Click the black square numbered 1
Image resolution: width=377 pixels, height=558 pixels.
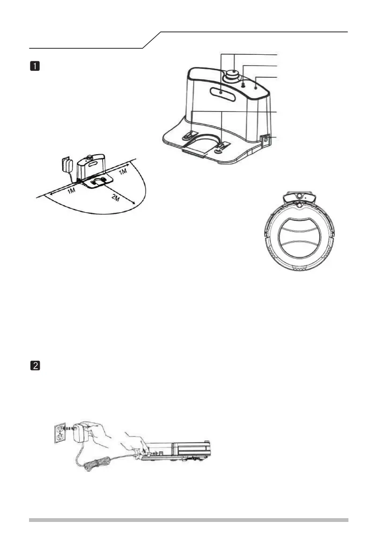click(x=34, y=67)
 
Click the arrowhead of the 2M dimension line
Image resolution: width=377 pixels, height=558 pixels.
click(x=135, y=202)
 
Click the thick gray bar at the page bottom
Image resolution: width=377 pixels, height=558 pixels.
click(x=188, y=520)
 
